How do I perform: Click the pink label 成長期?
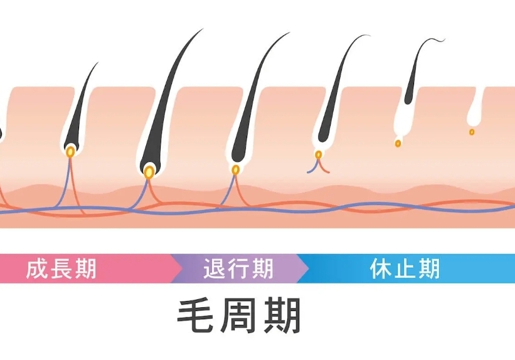coord(61,268)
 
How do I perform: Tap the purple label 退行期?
coord(238,268)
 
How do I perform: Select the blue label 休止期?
coord(404,268)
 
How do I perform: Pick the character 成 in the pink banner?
coord(36,268)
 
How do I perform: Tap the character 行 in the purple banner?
coord(238,268)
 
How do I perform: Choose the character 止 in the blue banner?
coord(404,268)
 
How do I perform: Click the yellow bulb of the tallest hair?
coord(149,171)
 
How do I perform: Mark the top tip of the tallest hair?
coord(203,29)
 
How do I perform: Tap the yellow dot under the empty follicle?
coord(472,132)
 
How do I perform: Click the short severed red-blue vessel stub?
coord(318,166)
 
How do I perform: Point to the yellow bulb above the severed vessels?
coord(319,154)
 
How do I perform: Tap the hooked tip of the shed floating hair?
coord(443,41)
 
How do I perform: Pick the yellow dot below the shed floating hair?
coord(398,143)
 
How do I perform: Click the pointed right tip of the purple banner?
coord(308,268)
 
